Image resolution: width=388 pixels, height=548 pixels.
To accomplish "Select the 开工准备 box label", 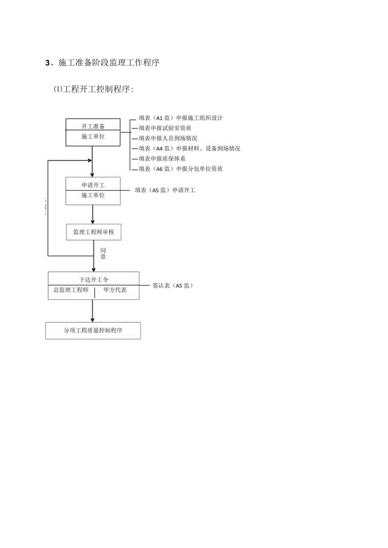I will click(x=93, y=126).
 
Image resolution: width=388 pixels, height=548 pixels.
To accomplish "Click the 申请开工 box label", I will click(x=93, y=185).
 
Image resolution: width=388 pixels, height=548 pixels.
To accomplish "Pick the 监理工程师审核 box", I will click(x=93, y=232).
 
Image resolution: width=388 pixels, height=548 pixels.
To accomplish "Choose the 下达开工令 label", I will click(x=94, y=279).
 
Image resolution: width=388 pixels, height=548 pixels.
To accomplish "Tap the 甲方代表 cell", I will click(x=115, y=290).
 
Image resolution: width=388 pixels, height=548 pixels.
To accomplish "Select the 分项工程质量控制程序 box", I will click(x=93, y=331).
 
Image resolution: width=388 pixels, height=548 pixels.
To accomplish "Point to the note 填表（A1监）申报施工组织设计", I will click(x=181, y=118).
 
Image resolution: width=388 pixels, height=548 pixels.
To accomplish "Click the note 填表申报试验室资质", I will click(x=164, y=128).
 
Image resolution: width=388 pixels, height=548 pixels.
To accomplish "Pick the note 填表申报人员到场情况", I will click(x=167, y=138).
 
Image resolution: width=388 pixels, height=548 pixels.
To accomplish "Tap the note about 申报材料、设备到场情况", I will click(x=189, y=148).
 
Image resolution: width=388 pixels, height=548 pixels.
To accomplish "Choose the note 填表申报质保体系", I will click(x=162, y=158).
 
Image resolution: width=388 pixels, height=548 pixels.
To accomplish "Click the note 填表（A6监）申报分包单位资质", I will click(x=181, y=169).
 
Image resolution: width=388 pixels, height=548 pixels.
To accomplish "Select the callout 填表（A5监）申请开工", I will click(x=165, y=190).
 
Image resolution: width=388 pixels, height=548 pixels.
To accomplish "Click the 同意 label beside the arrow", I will click(x=103, y=254).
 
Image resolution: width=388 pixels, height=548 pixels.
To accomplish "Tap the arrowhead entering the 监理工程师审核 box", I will click(x=93, y=222).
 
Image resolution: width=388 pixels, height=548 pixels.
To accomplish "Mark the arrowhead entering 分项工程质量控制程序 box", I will click(x=93, y=320).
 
